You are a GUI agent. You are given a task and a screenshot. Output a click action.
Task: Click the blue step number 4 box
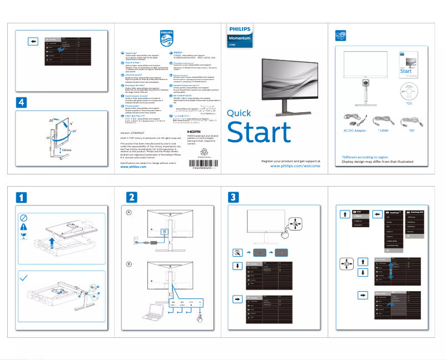pyautogui.click(x=21, y=102)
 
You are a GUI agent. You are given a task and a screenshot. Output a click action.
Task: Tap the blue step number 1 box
pyautogui.click(x=21, y=197)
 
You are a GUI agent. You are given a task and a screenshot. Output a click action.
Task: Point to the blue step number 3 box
pyautogui.click(x=234, y=197)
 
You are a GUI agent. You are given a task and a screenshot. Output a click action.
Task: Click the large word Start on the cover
pyautogui.click(x=259, y=132)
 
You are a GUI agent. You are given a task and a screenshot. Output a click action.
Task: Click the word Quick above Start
pyautogui.click(x=239, y=113)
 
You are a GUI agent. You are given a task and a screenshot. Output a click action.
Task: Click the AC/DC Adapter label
pyautogui.click(x=354, y=131)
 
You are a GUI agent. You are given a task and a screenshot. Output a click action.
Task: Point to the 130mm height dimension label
pyautogui.click(x=66, y=150)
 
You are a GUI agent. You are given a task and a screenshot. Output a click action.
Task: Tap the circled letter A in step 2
pyautogui.click(x=128, y=213)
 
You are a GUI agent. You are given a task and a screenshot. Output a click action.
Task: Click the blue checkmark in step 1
pyautogui.click(x=23, y=277)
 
